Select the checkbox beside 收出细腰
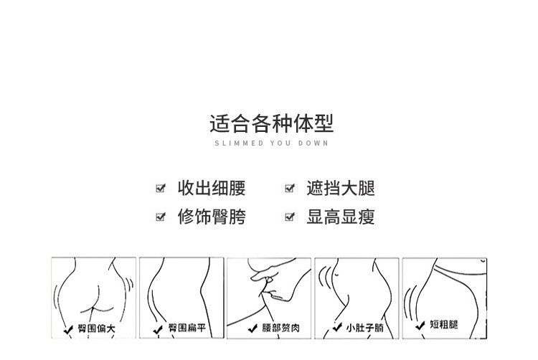[x=161, y=189]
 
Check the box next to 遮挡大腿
[x=290, y=189]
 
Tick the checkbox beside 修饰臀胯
[x=161, y=217]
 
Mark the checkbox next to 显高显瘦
[x=290, y=217]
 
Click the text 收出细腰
[x=212, y=189]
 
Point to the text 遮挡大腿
[x=341, y=189]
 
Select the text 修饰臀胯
[x=212, y=217]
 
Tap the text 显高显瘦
[x=341, y=217]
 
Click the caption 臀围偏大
[x=96, y=329]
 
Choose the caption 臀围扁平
[x=187, y=329]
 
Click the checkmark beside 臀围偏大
[x=69, y=330]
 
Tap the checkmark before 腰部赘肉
[x=253, y=330]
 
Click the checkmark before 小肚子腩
[x=337, y=330]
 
